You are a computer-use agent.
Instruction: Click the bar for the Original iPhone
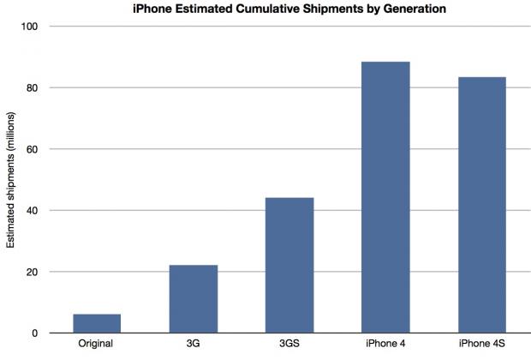coord(97,323)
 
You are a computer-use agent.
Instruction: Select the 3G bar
coord(194,299)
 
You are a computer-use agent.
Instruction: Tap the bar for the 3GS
coord(289,265)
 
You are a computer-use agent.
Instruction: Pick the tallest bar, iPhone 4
coord(385,197)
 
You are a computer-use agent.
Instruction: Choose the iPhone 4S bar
coord(482,205)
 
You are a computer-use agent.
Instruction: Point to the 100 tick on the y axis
coord(29,27)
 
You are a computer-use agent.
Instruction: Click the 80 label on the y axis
coord(32,87)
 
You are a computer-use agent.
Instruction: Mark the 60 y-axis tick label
coord(32,149)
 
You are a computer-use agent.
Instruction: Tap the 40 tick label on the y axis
coord(32,211)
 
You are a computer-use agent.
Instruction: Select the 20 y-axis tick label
coord(32,272)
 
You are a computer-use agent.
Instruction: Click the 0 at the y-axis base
coord(35,333)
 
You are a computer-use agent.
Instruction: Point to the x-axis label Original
coord(96,344)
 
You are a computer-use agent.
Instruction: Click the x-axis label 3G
coord(193,344)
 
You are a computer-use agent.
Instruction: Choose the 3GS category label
coord(289,344)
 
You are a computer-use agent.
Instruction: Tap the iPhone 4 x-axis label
coord(385,344)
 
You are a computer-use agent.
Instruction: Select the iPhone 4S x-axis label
coord(482,344)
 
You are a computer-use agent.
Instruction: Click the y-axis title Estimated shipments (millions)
coord(10,180)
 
